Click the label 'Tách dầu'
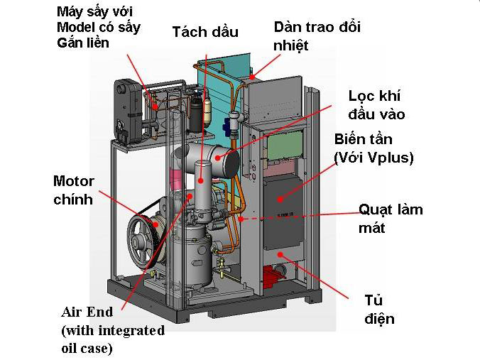(x=205, y=32)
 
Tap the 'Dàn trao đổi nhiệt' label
(x=317, y=36)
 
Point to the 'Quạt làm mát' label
(x=391, y=219)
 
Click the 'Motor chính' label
(x=74, y=190)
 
